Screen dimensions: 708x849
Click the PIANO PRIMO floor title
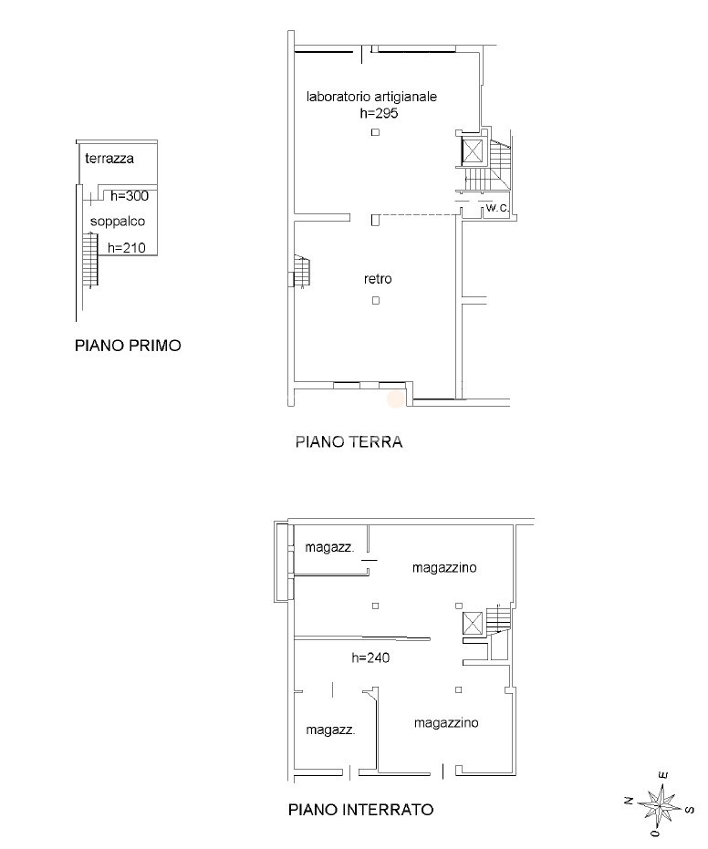[x=128, y=346]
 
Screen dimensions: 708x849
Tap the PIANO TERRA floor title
[x=349, y=441]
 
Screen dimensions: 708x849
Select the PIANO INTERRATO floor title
[x=360, y=810]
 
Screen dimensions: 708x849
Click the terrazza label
[x=109, y=159]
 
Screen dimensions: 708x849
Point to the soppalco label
[x=118, y=222]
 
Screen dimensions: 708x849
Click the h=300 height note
[x=130, y=196]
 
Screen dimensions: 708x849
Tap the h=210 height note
[x=127, y=248]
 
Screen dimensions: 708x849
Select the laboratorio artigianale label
[x=371, y=97]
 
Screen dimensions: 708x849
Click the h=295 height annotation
[x=380, y=113]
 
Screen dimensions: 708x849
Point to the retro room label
[x=378, y=279]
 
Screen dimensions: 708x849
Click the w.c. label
[x=497, y=207]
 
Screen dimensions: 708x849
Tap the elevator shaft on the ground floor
[x=473, y=151]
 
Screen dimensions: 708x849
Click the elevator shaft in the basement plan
[x=473, y=623]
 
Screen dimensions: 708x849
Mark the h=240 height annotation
[x=370, y=657]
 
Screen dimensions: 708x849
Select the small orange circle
[x=395, y=399]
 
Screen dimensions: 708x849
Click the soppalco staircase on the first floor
[x=90, y=259]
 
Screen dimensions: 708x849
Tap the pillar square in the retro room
[x=376, y=301]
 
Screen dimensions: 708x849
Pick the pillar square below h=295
[x=375, y=132]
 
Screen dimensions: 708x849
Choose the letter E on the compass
[x=663, y=775]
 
